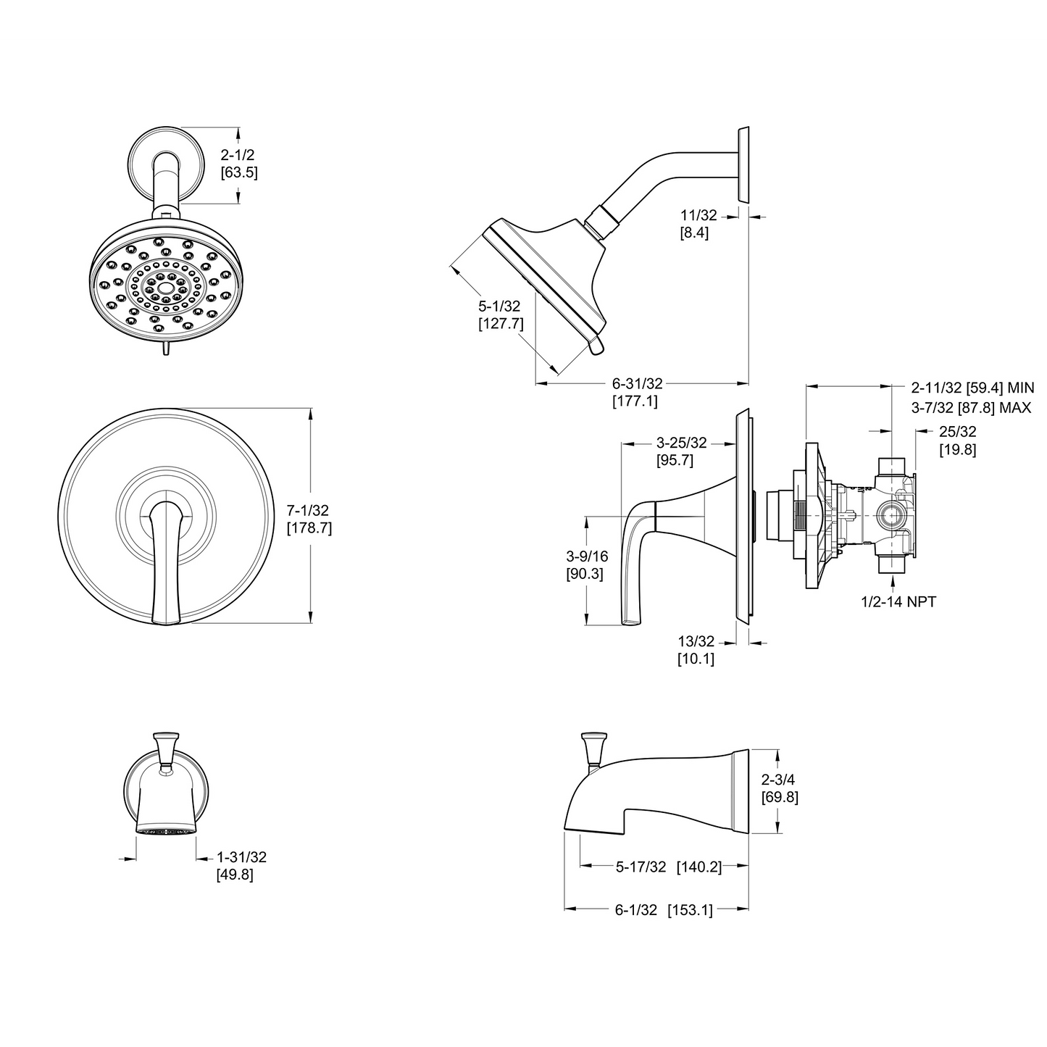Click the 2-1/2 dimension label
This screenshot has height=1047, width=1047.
238,155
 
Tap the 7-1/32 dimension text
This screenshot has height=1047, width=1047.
309,511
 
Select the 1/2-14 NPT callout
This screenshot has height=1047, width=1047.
898,601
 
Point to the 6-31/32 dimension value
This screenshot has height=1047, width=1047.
637,383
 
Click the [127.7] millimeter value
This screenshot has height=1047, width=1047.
500,324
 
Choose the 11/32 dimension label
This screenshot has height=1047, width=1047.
698,215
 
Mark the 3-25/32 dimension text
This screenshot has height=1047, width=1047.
681,443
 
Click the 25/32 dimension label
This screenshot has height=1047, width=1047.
957,432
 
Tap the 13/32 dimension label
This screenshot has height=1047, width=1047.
696,641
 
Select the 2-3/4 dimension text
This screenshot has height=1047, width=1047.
780,780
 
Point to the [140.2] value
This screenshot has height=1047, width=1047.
699,867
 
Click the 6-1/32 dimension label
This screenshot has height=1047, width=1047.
635,910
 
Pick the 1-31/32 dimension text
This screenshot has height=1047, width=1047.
241,857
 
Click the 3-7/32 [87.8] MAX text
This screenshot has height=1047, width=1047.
971,408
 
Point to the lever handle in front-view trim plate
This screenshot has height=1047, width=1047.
166,558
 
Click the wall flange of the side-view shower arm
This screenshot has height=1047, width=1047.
743,165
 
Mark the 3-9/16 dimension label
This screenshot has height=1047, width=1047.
587,556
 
